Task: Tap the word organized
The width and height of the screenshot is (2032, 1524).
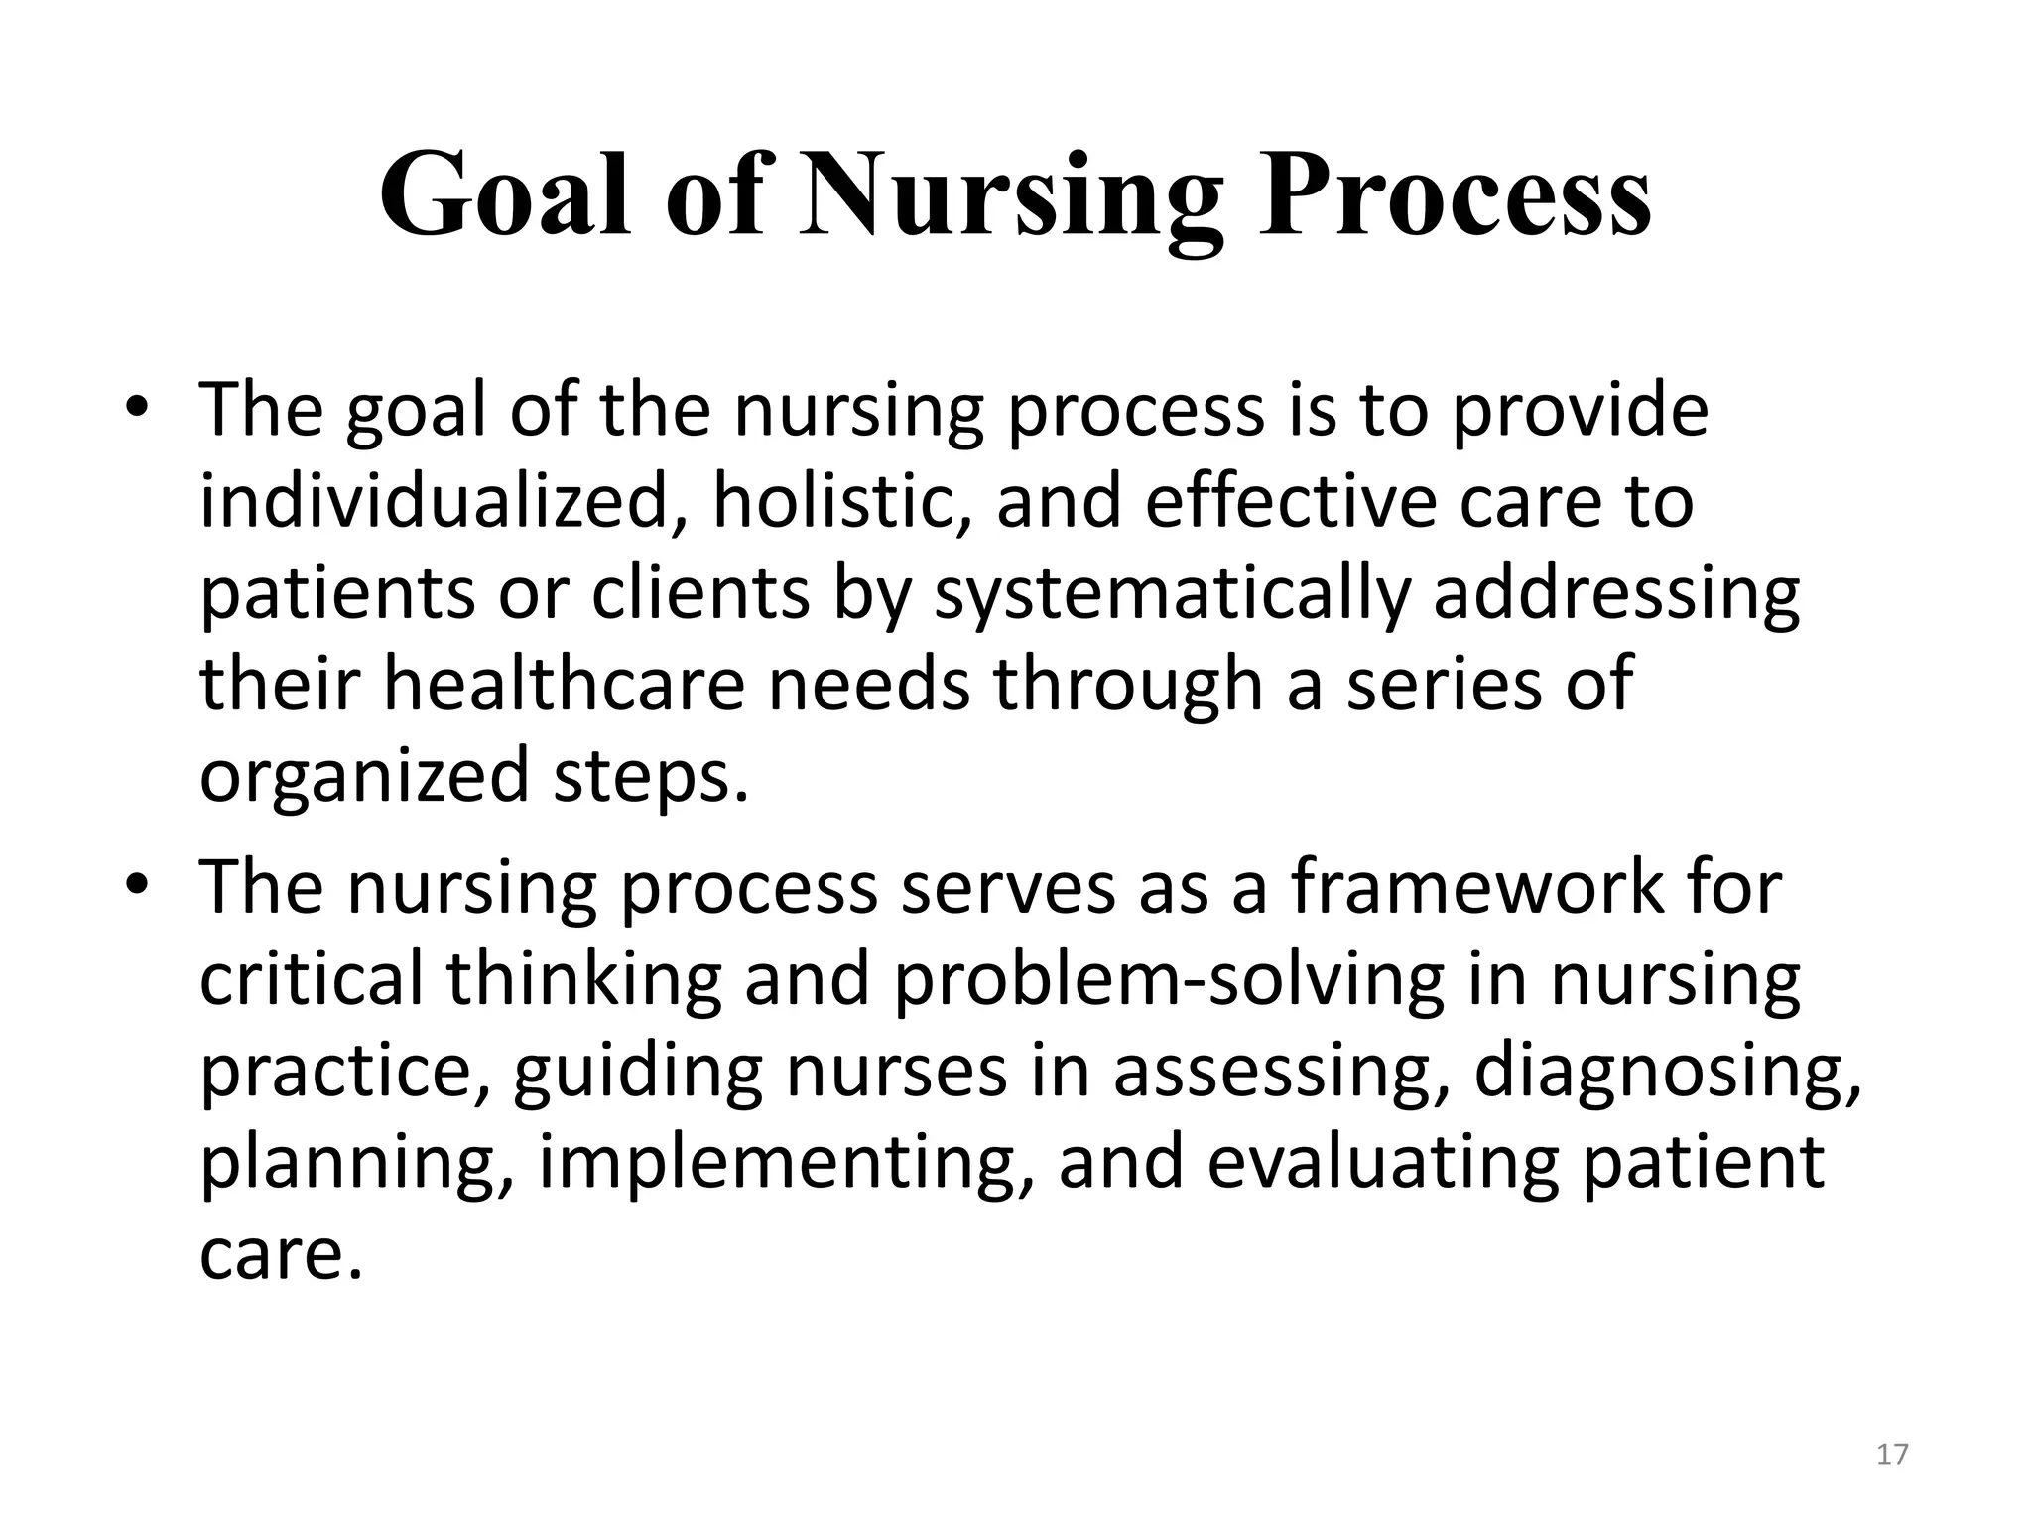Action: [364, 778]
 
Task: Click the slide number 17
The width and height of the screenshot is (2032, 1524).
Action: [1892, 1455]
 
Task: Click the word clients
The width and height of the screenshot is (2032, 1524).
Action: [700, 593]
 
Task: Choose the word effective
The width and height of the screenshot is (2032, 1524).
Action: [1291, 502]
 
